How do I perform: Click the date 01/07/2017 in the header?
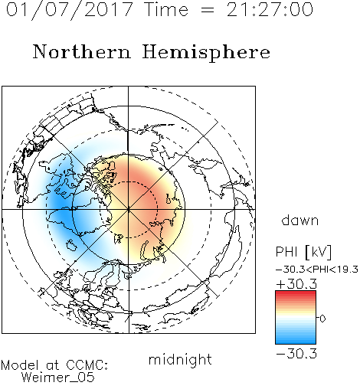[69, 10]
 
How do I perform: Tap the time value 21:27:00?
[270, 9]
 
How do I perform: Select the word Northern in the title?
[82, 51]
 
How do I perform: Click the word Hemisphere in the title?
[206, 53]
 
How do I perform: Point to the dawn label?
[300, 220]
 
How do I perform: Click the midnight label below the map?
[180, 359]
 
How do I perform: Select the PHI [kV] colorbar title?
[303, 252]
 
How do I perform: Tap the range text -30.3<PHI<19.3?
[317, 270]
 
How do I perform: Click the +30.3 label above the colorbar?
[296, 284]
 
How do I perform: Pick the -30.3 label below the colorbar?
[296, 354]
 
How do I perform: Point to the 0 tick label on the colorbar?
[322, 319]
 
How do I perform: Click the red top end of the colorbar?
[296, 293]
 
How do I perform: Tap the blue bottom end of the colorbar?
[296, 342]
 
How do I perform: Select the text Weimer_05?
[58, 378]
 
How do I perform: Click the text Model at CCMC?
[54, 365]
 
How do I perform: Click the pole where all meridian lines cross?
[128, 209]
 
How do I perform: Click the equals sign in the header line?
[207, 10]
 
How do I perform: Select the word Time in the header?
[166, 9]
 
